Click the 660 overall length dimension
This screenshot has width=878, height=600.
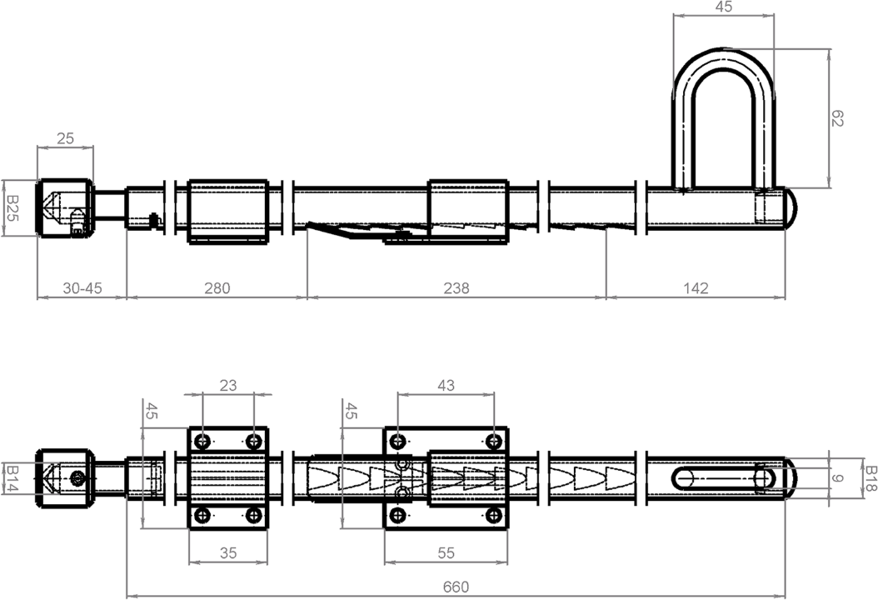[455, 587]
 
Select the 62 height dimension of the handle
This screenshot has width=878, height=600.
[837, 119]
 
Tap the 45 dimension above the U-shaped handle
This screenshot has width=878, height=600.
[724, 7]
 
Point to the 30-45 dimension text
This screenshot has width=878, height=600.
[82, 287]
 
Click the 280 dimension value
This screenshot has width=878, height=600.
[217, 287]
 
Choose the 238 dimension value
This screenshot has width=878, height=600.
[456, 287]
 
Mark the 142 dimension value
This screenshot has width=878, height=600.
[696, 287]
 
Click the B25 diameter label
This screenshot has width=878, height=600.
[12, 207]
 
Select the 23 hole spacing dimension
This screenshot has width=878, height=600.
[227, 385]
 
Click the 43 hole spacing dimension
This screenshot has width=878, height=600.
[446, 385]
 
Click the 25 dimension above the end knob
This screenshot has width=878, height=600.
[65, 138]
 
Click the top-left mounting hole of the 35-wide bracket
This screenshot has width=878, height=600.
[202, 441]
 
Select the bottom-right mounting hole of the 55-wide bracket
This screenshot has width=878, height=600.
[494, 517]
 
